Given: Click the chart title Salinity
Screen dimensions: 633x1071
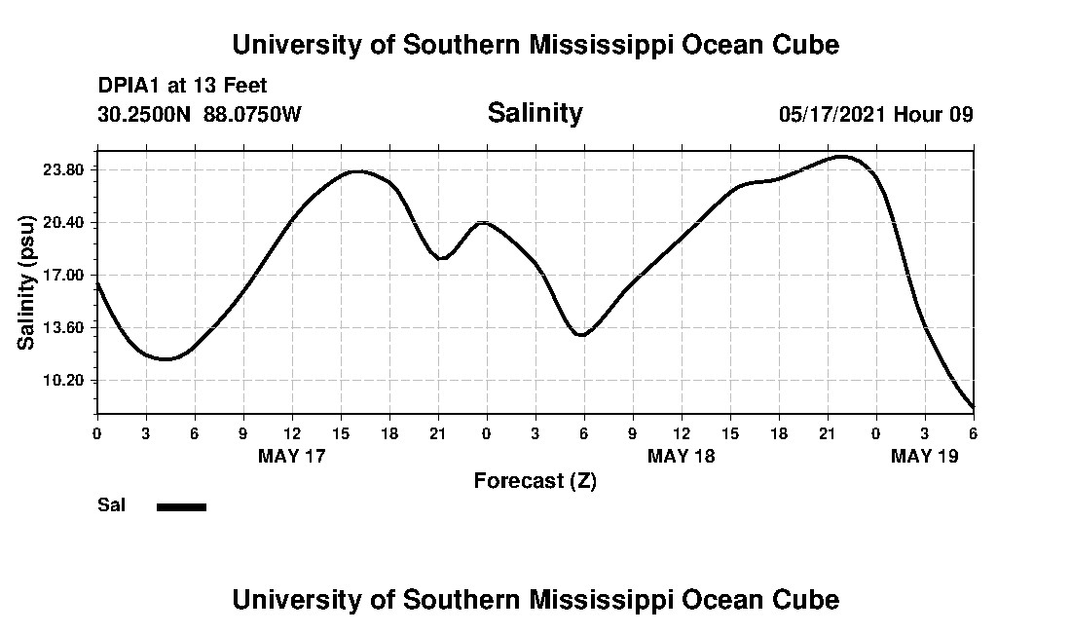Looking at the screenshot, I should pos(535,113).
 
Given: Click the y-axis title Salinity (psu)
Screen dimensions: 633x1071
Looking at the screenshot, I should pos(26,281).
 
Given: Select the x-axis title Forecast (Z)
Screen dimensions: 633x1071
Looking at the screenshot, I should pos(535,480).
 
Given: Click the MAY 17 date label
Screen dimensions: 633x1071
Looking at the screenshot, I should pos(291,456).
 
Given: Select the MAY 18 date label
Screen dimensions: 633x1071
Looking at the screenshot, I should pos(681,456).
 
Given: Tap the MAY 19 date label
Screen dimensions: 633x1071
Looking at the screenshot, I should pos(924,456).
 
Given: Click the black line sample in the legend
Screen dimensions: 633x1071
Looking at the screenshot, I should pos(181,506).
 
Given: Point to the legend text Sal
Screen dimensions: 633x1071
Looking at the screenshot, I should pos(111,505).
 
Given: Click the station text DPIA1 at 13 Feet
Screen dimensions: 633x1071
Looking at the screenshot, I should pos(182,86).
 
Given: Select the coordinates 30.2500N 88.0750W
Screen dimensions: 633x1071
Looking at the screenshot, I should pos(200,114).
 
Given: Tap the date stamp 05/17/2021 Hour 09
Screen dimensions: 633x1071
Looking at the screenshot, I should pos(875,114).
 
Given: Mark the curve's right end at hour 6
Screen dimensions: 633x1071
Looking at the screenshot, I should pos(973,407).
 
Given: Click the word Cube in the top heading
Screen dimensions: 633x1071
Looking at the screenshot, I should pos(805,45).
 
